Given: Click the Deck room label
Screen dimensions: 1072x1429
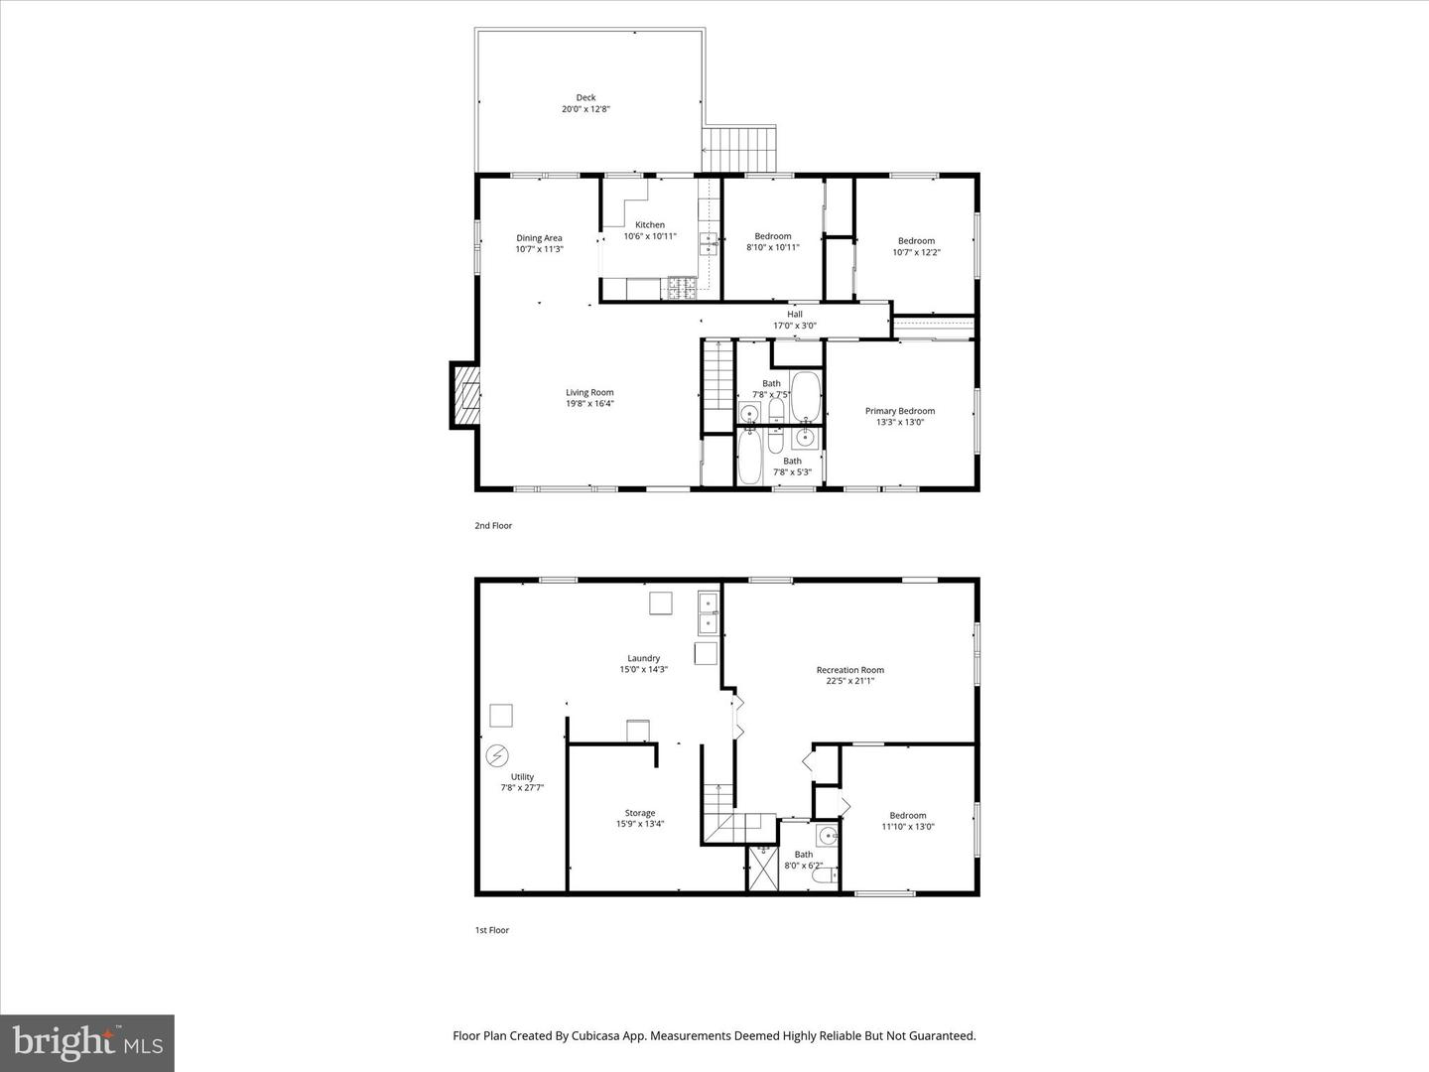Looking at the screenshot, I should pos(585,97).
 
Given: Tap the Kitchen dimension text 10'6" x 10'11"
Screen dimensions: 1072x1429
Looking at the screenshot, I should pos(650,236).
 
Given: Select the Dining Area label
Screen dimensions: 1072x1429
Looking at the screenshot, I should pos(539,238).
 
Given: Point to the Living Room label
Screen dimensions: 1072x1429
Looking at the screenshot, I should pos(589,392).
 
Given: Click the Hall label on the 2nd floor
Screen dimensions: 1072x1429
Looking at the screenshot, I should pos(794,314).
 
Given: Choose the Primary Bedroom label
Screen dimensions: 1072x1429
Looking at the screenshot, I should pos(899,411).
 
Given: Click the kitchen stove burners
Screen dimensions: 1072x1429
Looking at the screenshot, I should pos(683,288).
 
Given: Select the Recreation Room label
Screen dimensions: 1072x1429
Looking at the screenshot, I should pos(849,670).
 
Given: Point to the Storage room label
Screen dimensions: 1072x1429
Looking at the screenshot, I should pos(639,813).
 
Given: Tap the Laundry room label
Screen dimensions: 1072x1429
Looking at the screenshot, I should pos(643,658).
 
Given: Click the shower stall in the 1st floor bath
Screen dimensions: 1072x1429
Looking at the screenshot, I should pos(763,868).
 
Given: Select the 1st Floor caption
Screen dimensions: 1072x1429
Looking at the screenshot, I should pos(491,930).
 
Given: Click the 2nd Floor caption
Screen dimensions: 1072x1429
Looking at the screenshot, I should pos(493,525).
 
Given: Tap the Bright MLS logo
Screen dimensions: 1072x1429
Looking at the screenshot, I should pos(87,1042).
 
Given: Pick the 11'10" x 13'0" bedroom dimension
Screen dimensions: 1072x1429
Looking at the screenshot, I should pos(907,827).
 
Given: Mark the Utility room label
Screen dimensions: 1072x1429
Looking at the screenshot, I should pos(522,777).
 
